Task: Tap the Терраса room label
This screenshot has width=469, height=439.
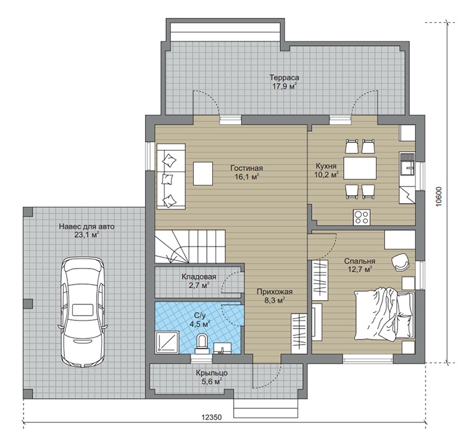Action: pyautogui.click(x=284, y=78)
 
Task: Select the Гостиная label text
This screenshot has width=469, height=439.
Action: pyautogui.click(x=246, y=168)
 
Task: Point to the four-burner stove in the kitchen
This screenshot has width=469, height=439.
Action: pyautogui.click(x=362, y=217)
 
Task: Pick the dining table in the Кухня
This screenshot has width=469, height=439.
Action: pyautogui.click(x=360, y=168)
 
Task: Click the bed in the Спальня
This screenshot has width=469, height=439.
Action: pyautogui.click(x=384, y=314)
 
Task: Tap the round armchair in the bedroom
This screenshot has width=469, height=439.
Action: pyautogui.click(x=401, y=262)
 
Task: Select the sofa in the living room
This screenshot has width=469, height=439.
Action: pyautogui.click(x=171, y=176)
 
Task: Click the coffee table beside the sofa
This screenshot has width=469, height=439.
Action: pyautogui.click(x=203, y=174)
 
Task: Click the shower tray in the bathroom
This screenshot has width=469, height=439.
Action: pyautogui.click(x=167, y=342)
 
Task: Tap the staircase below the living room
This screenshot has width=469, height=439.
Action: pyautogui.click(x=190, y=247)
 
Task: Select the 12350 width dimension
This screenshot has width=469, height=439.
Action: pyautogui.click(x=212, y=417)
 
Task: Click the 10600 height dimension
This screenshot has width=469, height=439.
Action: pyautogui.click(x=439, y=197)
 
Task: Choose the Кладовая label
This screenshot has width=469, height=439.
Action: pyautogui.click(x=199, y=277)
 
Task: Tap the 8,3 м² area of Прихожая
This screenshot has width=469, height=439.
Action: pyautogui.click(x=274, y=300)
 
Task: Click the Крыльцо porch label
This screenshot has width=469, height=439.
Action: pyautogui.click(x=212, y=373)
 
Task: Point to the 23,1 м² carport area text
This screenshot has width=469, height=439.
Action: pyautogui.click(x=87, y=235)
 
